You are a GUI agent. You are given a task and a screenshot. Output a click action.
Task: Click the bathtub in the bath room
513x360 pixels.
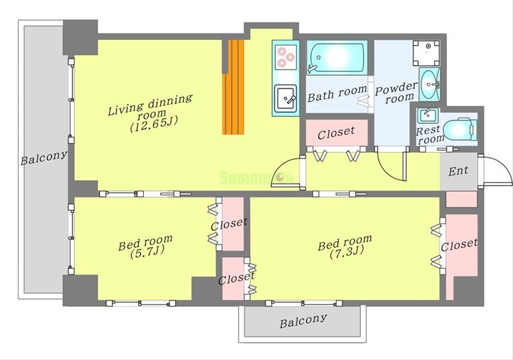(337, 58)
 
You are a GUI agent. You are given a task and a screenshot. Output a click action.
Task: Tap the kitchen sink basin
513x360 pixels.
(285, 99)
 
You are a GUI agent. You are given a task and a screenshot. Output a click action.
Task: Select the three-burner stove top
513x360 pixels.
(285, 57)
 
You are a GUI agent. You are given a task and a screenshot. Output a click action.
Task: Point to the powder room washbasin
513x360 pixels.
(430, 85)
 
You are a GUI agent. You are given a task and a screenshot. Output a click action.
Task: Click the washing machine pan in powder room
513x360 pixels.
(426, 53)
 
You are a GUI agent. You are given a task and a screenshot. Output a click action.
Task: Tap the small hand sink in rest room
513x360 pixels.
(427, 116)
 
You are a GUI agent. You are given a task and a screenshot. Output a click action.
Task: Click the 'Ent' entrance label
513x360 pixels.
(458, 171)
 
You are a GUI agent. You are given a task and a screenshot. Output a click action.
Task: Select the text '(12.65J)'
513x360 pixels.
(154, 124)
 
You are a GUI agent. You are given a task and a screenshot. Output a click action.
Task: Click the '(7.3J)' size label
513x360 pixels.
(347, 252)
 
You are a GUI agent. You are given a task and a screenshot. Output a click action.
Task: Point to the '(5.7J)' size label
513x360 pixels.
(147, 252)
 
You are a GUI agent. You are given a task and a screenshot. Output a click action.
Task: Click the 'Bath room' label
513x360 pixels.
(337, 94)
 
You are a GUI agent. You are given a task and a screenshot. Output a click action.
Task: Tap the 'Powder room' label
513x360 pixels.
(396, 93)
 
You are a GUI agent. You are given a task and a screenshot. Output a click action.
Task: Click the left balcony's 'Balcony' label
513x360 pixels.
(44, 158)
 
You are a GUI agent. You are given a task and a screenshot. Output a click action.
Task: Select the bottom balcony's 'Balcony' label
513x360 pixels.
(303, 321)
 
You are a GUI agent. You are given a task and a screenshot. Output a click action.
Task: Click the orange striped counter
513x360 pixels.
(233, 87)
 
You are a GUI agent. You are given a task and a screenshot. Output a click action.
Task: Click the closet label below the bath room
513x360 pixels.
(336, 133)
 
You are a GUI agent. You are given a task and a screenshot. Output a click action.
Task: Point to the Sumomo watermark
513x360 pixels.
(256, 178)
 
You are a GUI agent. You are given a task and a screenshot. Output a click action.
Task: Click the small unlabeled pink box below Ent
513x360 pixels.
(461, 200)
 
